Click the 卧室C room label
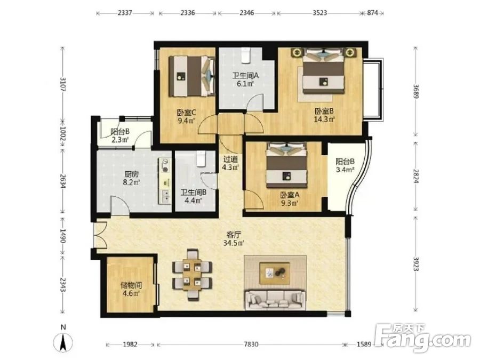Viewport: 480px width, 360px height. (187, 113)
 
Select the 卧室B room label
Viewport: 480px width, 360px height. (324, 111)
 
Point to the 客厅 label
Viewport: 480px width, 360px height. (235, 235)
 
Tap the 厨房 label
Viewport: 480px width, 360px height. (131, 174)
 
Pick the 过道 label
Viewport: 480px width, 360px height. (230, 159)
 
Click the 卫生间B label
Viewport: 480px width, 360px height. (193, 192)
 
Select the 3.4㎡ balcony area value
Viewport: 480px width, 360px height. (345, 169)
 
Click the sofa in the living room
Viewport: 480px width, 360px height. (275, 300)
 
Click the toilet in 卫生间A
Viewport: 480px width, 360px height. (245, 55)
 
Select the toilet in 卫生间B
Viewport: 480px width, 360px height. (201, 158)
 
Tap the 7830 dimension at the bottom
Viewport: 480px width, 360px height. (251, 345)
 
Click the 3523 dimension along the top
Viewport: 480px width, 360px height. (319, 13)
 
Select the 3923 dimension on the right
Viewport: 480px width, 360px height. (415, 263)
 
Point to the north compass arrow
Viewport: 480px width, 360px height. (63, 342)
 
